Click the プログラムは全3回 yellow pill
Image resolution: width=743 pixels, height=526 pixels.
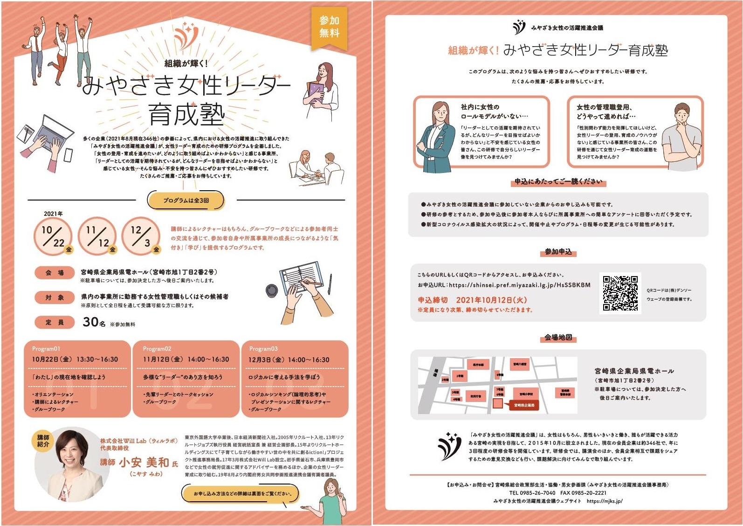point(186,200)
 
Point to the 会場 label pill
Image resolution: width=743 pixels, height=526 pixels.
point(55,272)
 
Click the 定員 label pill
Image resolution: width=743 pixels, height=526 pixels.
point(55,322)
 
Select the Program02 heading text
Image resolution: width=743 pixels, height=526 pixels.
point(157,349)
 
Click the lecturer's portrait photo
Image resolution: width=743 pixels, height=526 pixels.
point(71,464)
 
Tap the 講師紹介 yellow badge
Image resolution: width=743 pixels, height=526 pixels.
point(43,441)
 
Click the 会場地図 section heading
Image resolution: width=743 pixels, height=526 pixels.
point(558,337)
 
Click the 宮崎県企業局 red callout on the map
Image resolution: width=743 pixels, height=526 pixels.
point(524,405)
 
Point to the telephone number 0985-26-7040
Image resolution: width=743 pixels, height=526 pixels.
point(532,492)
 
